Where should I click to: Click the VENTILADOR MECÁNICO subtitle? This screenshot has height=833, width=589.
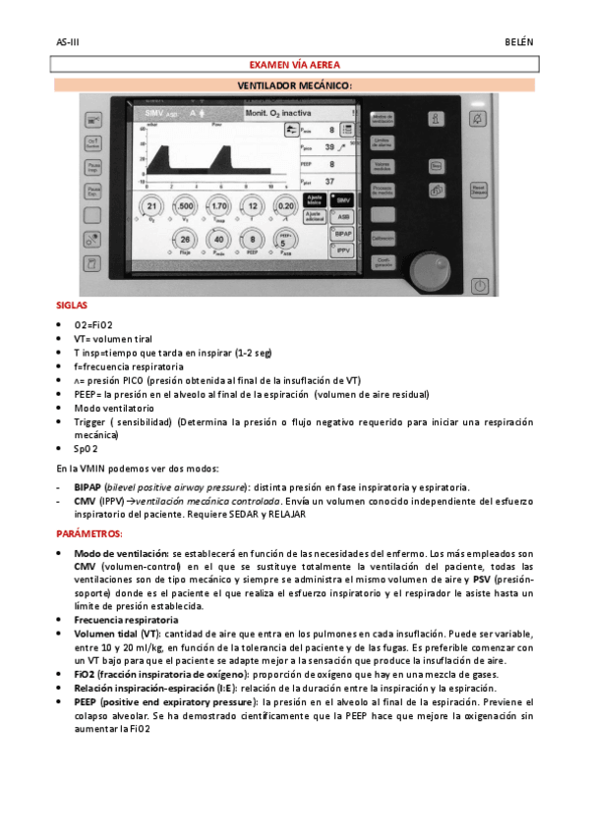point(294,85)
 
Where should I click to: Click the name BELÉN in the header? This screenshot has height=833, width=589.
point(518,43)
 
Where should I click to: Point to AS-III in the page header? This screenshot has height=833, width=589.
point(68,43)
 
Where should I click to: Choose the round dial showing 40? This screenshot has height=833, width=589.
point(218,240)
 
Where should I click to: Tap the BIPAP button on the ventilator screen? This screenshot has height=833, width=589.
point(341,235)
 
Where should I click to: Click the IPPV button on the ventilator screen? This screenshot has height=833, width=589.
point(341,252)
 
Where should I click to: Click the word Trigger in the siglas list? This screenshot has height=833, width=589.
point(90,421)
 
